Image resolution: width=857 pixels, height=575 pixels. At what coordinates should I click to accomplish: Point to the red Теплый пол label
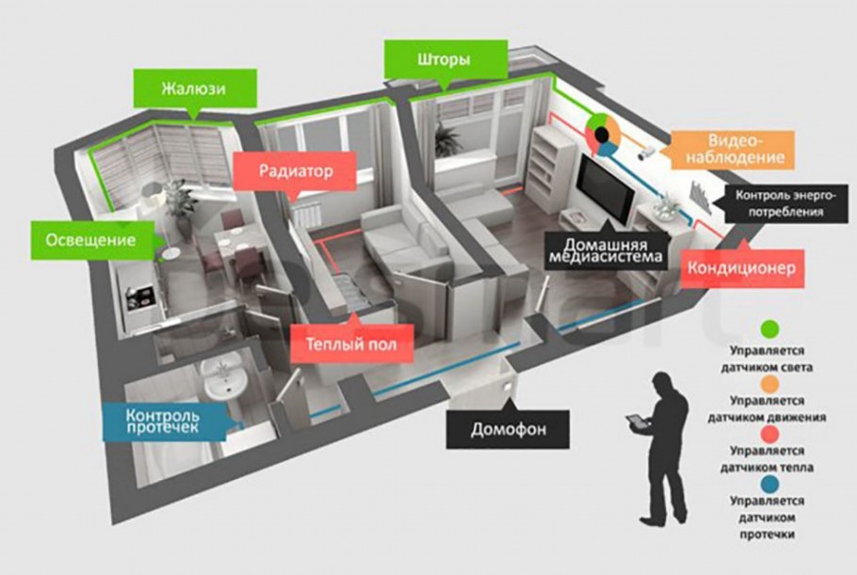[x=351, y=344]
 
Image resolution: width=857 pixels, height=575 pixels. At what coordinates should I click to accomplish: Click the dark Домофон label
[x=507, y=431]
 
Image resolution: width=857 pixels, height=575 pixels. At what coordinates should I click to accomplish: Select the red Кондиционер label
[x=743, y=268]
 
